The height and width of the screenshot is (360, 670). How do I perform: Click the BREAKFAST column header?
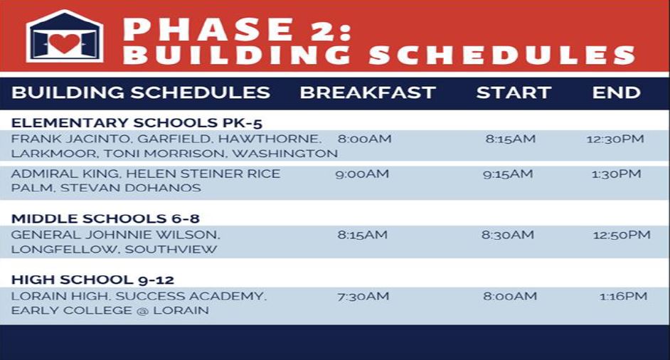(368, 92)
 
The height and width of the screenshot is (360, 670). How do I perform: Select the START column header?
(514, 92)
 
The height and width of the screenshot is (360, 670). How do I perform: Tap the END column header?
(616, 92)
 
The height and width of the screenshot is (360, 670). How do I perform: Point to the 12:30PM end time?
(615, 139)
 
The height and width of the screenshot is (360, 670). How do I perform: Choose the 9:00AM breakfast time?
(362, 174)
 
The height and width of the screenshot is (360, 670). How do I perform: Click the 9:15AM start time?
(508, 174)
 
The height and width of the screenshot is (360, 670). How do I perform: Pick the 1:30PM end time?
(616, 174)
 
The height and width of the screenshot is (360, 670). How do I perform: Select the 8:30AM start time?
(508, 235)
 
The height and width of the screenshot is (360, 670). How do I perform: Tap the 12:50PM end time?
(622, 235)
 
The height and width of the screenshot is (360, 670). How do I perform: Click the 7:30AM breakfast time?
(363, 296)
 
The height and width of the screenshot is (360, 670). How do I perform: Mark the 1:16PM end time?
(624, 296)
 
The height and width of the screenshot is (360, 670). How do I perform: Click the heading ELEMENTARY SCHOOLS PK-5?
(137, 123)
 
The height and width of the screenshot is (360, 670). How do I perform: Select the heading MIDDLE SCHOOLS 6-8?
(105, 219)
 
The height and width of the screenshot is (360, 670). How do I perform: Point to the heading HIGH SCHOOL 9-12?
(92, 280)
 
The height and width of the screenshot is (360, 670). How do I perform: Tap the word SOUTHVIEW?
(171, 249)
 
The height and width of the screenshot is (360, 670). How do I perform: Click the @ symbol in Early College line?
(143, 310)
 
